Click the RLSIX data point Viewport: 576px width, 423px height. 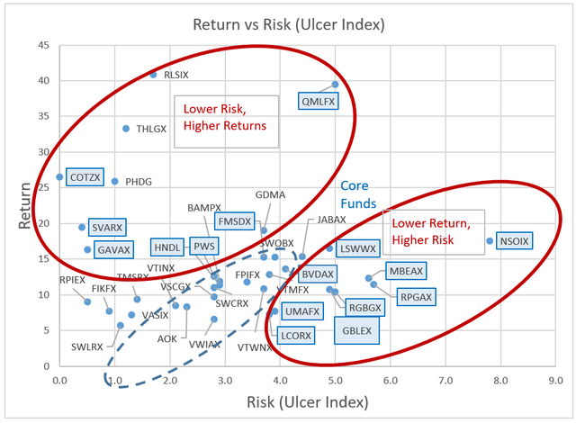tap(153, 75)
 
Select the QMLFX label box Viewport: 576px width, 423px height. tap(319, 102)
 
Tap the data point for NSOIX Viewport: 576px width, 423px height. tap(490, 241)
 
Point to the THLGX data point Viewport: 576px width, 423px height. tap(126, 129)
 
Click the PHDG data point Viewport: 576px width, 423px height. tap(114, 182)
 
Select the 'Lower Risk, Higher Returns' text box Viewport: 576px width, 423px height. tap(225, 117)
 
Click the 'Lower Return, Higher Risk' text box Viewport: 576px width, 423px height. tap(433, 231)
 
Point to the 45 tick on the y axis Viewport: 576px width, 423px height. tap(43, 45)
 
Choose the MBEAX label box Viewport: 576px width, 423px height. tap(406, 270)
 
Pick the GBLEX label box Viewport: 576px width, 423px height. tap(357, 330)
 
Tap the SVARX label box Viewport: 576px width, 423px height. tap(108, 227)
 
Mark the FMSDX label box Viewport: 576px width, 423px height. tap(235, 220)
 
